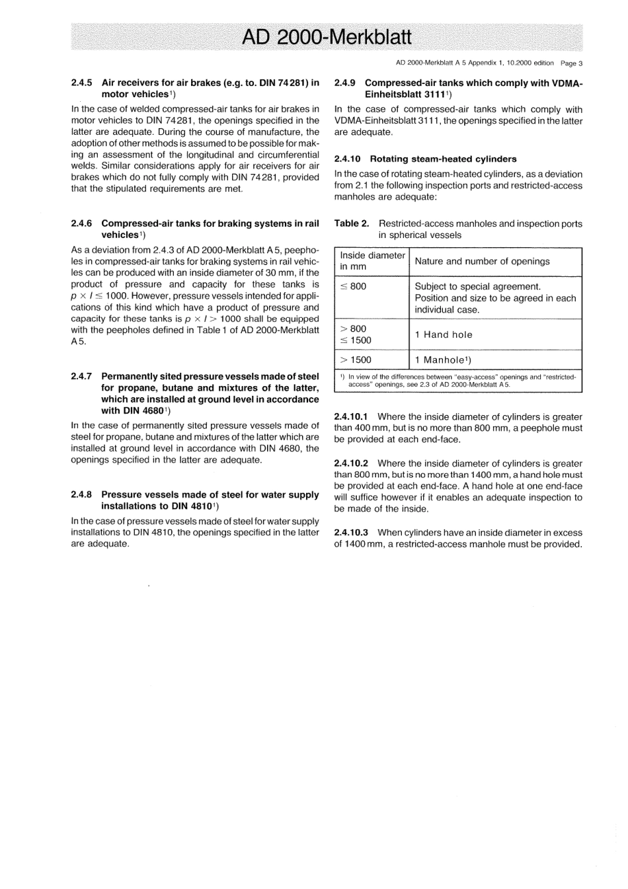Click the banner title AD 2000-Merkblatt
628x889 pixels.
(327, 37)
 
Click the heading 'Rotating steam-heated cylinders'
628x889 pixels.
(443, 159)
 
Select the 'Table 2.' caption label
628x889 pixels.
(352, 224)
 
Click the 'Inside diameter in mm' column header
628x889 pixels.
(372, 261)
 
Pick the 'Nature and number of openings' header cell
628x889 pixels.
(482, 261)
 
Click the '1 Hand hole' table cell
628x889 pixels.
(444, 334)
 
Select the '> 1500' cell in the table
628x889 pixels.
(356, 360)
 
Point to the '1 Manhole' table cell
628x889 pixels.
(442, 360)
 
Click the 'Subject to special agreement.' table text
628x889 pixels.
(477, 286)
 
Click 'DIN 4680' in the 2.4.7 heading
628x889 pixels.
(140, 410)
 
